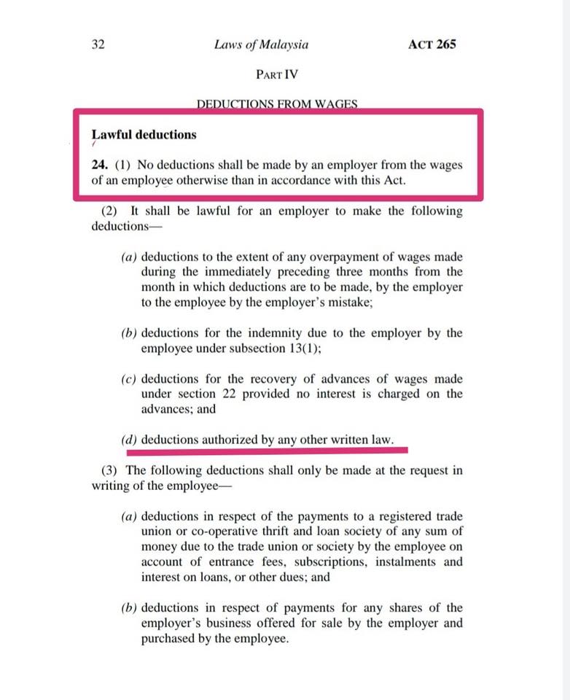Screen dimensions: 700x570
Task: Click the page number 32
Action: click(98, 44)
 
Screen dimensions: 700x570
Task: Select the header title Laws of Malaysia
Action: click(261, 44)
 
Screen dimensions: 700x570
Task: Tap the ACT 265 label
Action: click(432, 44)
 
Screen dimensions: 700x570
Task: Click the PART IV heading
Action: click(277, 74)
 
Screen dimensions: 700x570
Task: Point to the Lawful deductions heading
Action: click(144, 135)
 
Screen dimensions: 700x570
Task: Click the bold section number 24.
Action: click(100, 166)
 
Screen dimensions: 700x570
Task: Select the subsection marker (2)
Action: click(109, 211)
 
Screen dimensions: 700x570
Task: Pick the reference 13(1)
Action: click(302, 349)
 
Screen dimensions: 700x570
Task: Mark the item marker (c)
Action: click(129, 379)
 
